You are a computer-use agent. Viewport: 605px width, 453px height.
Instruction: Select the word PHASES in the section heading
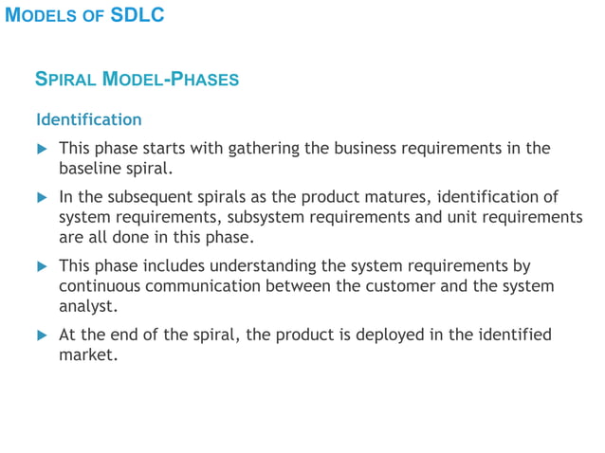pyautogui.click(x=205, y=80)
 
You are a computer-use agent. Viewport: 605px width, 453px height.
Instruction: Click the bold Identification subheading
pyautogui.click(x=89, y=120)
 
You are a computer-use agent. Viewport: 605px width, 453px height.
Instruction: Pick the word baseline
pyautogui.click(x=92, y=170)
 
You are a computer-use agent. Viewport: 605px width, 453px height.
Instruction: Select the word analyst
pyautogui.click(x=87, y=307)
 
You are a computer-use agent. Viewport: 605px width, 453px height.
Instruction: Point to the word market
pyautogui.click(x=87, y=355)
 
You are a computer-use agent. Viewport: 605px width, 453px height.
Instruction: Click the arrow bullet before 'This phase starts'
pyautogui.click(x=42, y=150)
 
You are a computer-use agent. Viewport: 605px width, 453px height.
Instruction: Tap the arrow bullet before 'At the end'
pyautogui.click(x=42, y=335)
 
